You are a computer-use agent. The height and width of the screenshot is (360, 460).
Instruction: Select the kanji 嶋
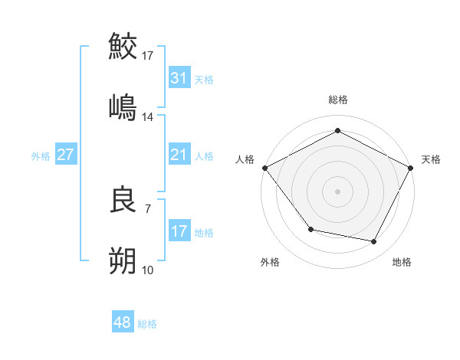[x=123, y=106]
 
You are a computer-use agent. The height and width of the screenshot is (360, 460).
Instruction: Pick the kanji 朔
[x=123, y=261]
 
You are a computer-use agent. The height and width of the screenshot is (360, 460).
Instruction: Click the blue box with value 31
[x=179, y=78]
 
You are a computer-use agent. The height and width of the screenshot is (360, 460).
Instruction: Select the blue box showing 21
[x=179, y=155]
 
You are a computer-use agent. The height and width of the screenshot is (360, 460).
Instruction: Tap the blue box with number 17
[x=179, y=231]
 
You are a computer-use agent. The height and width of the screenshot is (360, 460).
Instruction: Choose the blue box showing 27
[x=65, y=155]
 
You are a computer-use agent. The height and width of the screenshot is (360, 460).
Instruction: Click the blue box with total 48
[x=122, y=323]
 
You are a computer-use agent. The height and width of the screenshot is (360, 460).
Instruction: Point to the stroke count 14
[x=148, y=117]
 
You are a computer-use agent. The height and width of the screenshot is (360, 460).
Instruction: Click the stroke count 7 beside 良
[x=147, y=208]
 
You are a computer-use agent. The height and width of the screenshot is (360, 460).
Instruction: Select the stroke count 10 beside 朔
[x=148, y=270]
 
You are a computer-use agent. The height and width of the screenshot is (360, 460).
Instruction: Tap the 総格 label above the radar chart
[x=338, y=100]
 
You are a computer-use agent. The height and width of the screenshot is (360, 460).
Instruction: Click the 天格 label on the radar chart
[x=431, y=159]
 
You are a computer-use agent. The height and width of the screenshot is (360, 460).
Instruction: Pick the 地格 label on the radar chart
[x=402, y=262]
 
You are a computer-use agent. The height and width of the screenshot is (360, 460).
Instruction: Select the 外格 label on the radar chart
[x=270, y=262]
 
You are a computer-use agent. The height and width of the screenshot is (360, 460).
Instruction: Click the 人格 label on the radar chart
[x=245, y=159]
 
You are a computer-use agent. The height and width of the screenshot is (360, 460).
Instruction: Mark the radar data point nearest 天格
[x=412, y=167]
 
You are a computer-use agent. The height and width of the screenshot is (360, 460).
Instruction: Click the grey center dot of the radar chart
[x=338, y=191]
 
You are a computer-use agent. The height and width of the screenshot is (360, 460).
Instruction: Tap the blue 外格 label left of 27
[x=41, y=155]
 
